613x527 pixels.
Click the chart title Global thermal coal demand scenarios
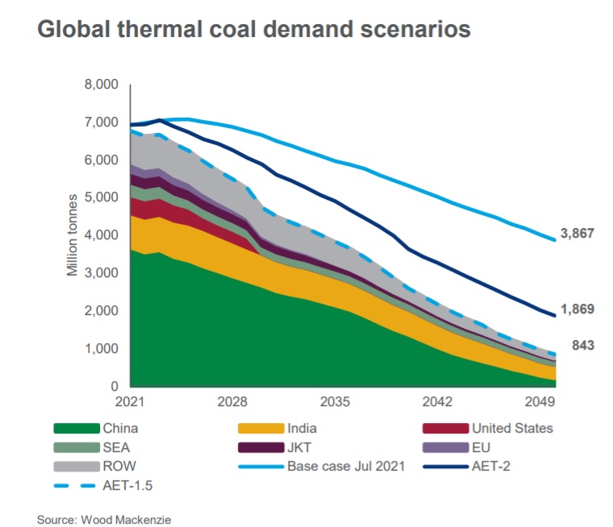pyautogui.click(x=253, y=30)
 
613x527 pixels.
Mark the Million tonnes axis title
pyautogui.click(x=72, y=234)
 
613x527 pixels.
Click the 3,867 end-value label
pyautogui.click(x=577, y=234)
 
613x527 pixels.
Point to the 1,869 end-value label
pyautogui.click(x=577, y=309)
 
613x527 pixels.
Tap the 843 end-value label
pyautogui.click(x=582, y=346)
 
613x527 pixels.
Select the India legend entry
pyautogui.click(x=302, y=428)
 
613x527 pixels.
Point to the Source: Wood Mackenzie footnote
pyautogui.click(x=104, y=520)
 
